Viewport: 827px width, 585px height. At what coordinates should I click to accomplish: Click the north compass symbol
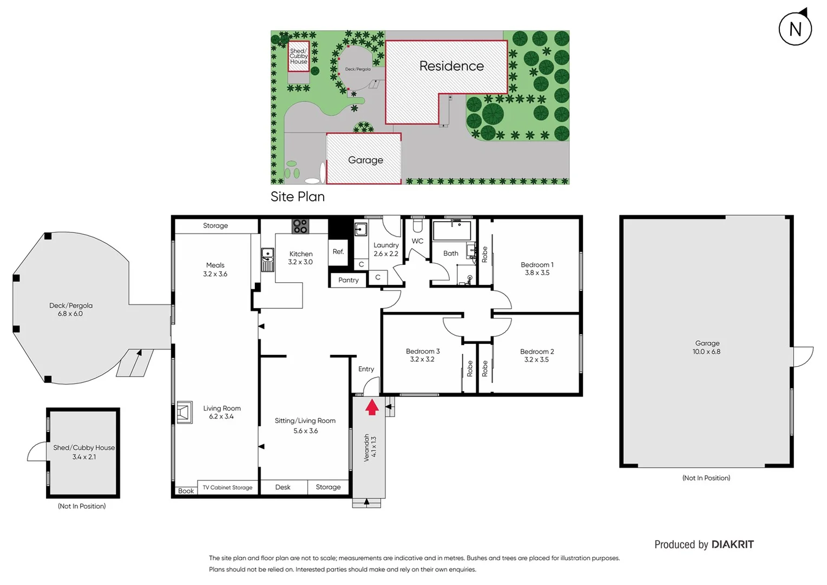coord(795,29)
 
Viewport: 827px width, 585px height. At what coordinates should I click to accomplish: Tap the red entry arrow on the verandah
coord(372,407)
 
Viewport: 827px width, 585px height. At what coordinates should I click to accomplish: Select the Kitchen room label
coord(301,253)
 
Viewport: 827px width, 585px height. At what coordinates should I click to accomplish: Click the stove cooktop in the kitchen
coord(300,226)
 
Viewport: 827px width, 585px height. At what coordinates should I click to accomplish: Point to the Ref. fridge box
coord(338,252)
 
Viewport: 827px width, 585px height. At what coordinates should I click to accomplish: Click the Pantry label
coord(349,280)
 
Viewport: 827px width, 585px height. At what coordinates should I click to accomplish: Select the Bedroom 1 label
coord(537,265)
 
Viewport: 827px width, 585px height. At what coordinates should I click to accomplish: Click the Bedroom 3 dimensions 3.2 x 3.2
coord(422,360)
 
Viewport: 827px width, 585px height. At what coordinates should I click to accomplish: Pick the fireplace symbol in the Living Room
coord(185,412)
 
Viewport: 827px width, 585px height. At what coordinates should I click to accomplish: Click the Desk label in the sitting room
coord(283,487)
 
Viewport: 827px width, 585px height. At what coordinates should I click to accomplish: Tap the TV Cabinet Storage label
coord(227,487)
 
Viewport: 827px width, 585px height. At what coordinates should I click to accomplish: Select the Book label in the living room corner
coord(186,491)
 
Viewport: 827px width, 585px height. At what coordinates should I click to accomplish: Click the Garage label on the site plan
coord(365,160)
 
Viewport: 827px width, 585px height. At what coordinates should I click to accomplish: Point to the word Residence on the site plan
coord(451,66)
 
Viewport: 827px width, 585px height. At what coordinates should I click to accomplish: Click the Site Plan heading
coord(298,197)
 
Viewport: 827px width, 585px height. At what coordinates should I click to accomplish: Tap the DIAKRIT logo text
coord(732,544)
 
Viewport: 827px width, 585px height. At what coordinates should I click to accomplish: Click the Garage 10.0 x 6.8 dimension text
coord(706,352)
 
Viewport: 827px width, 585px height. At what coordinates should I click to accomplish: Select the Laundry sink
coord(361,230)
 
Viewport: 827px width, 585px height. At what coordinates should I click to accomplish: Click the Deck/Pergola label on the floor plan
coord(71,305)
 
